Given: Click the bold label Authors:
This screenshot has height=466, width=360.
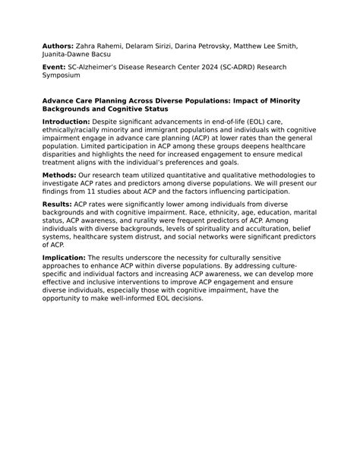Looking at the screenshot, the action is (58, 46).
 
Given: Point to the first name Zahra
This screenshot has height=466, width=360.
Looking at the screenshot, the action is (87, 46).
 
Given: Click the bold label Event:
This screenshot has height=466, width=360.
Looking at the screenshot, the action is (54, 67).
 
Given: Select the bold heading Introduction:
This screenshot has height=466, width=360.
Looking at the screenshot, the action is (66, 122).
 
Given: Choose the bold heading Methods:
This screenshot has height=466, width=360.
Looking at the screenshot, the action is (59, 176).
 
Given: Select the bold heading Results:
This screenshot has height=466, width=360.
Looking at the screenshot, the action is (57, 204).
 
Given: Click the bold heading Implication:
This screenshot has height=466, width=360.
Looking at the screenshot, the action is (65, 258).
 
